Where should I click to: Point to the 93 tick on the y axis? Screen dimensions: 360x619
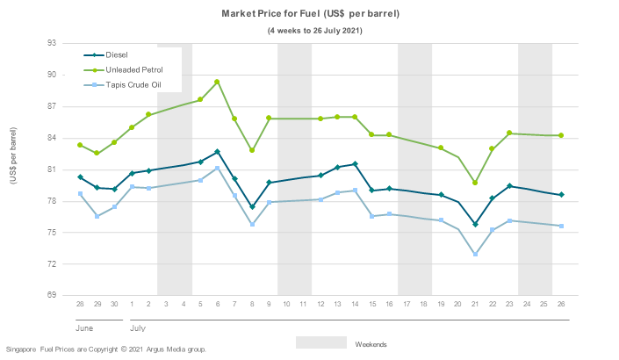(x=51, y=43)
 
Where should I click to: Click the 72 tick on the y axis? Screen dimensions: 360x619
(x=51, y=264)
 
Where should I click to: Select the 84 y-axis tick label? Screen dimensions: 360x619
(x=51, y=138)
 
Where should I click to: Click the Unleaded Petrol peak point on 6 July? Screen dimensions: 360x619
(x=217, y=82)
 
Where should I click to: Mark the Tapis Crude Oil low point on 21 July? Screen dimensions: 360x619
(x=475, y=255)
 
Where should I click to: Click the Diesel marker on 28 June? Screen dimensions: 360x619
(x=80, y=177)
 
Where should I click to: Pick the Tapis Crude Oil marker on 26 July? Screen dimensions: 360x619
(x=561, y=227)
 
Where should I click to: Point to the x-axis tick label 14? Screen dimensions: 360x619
(x=355, y=303)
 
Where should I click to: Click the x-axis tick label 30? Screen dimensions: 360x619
(x=114, y=303)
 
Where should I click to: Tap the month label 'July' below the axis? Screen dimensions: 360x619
(x=137, y=327)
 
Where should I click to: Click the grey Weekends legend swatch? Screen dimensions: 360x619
(x=320, y=342)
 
